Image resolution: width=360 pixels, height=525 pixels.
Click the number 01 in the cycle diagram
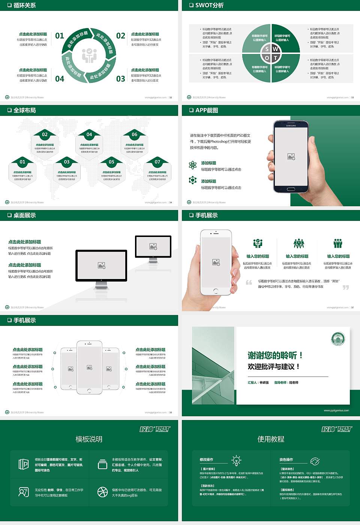click(x=60, y=36)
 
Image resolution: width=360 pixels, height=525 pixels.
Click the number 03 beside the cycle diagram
click(x=120, y=79)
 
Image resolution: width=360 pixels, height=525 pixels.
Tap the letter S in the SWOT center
click(x=267, y=49)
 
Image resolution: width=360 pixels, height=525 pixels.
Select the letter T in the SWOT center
click(x=276, y=58)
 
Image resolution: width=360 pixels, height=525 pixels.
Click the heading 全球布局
click(x=25, y=110)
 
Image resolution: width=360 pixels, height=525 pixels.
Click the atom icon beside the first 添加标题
click(x=193, y=165)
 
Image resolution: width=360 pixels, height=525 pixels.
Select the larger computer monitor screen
click(x=101, y=265)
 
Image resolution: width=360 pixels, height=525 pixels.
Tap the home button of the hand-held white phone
click(x=216, y=291)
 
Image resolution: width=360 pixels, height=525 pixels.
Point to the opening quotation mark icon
click(x=249, y=282)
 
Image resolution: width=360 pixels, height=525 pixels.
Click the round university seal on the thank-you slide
click(x=338, y=339)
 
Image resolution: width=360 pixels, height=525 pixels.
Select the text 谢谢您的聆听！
click(x=275, y=355)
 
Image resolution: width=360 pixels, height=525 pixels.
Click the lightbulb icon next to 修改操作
click(x=236, y=460)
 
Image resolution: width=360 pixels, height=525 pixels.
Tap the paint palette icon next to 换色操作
click(x=315, y=461)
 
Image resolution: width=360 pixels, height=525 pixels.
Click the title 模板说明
click(x=89, y=439)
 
